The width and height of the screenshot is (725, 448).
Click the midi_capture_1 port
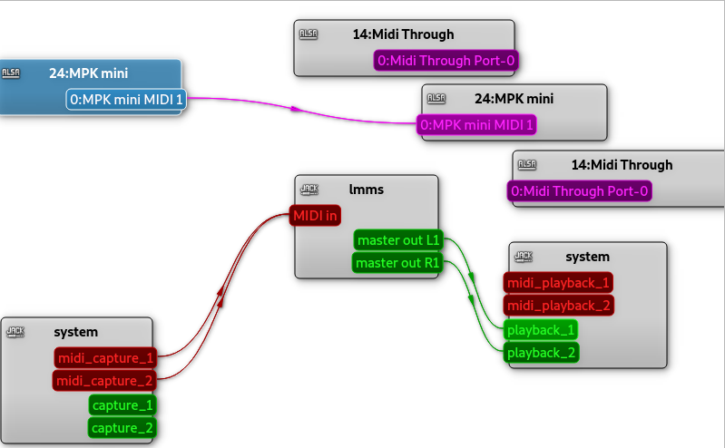coord(105,358)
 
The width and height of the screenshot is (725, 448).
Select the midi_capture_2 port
coord(105,381)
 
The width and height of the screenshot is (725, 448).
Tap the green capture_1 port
coord(122,404)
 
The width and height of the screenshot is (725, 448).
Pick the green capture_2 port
coord(122,427)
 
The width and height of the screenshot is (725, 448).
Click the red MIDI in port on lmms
coord(316,216)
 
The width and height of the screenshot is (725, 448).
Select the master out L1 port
coord(398,240)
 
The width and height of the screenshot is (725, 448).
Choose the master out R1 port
coord(397,263)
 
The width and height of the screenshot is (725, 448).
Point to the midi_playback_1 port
coord(559,283)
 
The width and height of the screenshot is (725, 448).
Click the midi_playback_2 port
coord(559,306)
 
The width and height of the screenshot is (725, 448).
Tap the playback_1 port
coord(541,329)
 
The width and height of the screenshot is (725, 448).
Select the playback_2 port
coord(541,352)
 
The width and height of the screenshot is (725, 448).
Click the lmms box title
coord(367,190)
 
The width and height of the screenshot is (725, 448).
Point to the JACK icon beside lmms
coord(309,190)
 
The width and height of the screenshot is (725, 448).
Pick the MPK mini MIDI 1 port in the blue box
coord(126,99)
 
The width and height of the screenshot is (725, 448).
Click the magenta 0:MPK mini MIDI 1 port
coord(477,124)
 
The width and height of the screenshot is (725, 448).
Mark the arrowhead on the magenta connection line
coord(295,109)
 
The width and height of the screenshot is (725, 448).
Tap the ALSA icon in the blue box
coord(11,73)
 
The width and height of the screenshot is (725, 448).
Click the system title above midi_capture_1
coord(76,332)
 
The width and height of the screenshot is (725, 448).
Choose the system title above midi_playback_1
coord(587,257)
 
